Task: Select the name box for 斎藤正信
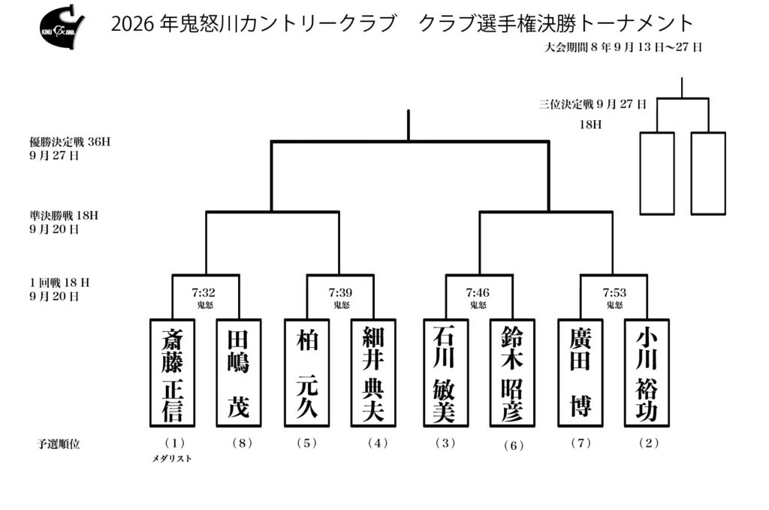(x=172, y=373)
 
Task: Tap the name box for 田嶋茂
(x=239, y=373)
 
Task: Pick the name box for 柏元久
(x=307, y=373)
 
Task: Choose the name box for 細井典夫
(x=373, y=373)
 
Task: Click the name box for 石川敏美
(x=446, y=373)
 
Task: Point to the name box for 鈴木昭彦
(x=512, y=373)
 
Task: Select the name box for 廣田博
(x=581, y=373)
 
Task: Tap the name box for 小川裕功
(x=647, y=373)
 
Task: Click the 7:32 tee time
(x=204, y=293)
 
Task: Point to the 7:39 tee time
(x=340, y=293)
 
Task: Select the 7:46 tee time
(x=478, y=293)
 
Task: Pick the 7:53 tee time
(x=614, y=293)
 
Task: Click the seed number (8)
(x=243, y=443)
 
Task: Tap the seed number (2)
(x=649, y=443)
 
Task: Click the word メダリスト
(x=172, y=458)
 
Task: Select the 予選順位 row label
(x=59, y=445)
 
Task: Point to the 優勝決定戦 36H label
(x=70, y=142)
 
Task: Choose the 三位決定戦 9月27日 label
(x=593, y=104)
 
